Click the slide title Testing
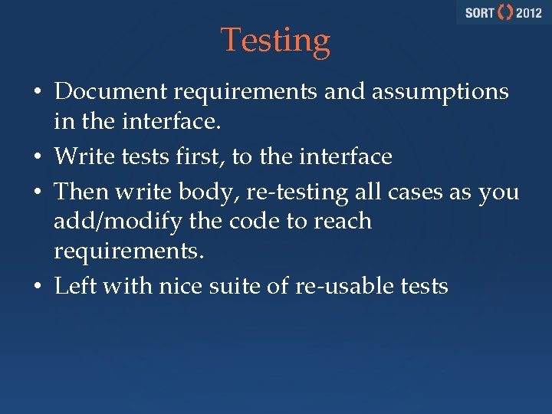(275, 40)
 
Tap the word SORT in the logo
(478, 13)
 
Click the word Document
(111, 92)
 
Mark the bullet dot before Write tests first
(38, 158)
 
